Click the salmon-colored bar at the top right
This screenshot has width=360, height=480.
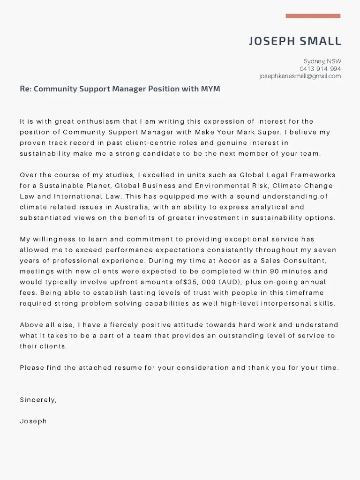(313, 16)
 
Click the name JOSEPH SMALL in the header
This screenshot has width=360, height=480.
(295, 41)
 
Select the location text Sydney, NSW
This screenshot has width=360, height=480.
(322, 61)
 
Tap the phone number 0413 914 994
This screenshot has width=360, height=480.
(321, 69)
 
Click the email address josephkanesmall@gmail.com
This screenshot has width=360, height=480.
(300, 76)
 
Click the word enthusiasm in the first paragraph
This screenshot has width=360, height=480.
(91, 121)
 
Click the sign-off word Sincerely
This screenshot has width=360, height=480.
(38, 400)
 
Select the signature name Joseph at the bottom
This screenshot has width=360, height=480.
(33, 421)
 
